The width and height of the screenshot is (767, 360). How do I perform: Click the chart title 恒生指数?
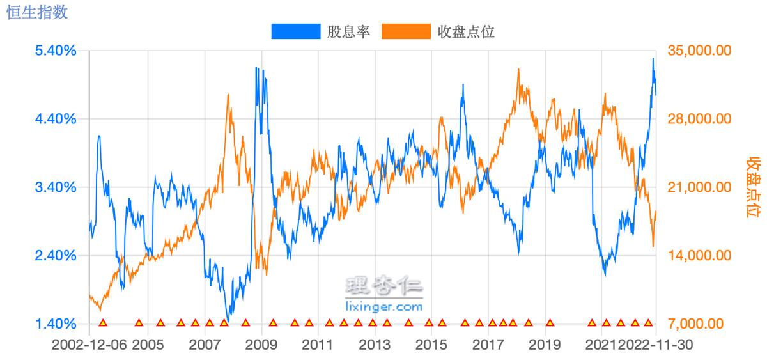pyautogui.click(x=36, y=12)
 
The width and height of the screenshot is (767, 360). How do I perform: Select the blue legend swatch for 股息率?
pyautogui.click(x=295, y=31)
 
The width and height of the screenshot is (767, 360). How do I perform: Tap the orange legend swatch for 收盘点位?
pyautogui.click(x=405, y=31)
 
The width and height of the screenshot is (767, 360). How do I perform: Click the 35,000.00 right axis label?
pyautogui.click(x=699, y=51)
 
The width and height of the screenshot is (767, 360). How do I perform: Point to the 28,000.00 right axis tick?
pyautogui.click(x=699, y=119)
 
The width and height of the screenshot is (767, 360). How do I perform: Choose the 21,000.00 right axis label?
pyautogui.click(x=699, y=187)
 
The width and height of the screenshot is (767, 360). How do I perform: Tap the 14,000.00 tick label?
pyautogui.click(x=699, y=256)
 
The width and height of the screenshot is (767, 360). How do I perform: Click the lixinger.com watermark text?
pyautogui.click(x=383, y=307)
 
